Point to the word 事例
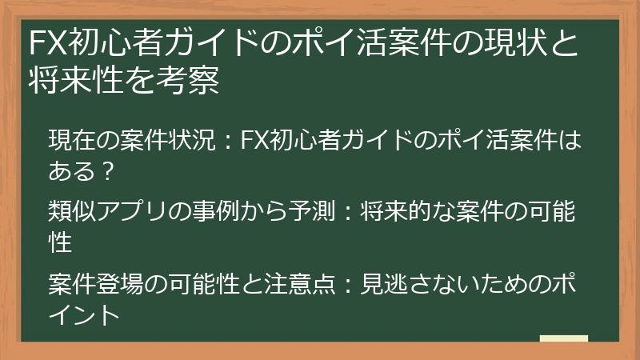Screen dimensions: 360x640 point(214,212)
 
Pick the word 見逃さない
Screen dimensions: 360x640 point(416,284)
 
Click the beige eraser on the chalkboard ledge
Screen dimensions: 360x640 point(565,338)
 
